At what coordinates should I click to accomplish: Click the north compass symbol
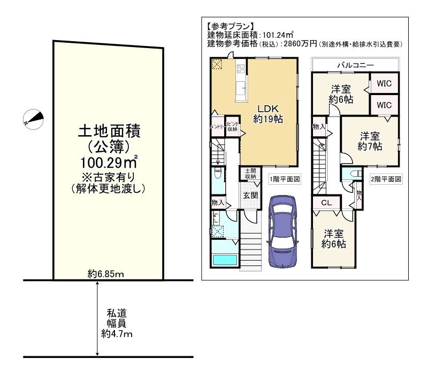point(33,119)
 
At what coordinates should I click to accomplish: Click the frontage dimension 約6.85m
point(106,275)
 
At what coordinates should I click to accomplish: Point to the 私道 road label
point(116,313)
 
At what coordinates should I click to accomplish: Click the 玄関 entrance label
point(250,195)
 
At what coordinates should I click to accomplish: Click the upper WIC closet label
point(384,83)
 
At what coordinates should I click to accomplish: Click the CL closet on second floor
point(327,203)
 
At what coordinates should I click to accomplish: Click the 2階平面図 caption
point(386,179)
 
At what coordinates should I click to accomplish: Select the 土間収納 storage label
point(250,174)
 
